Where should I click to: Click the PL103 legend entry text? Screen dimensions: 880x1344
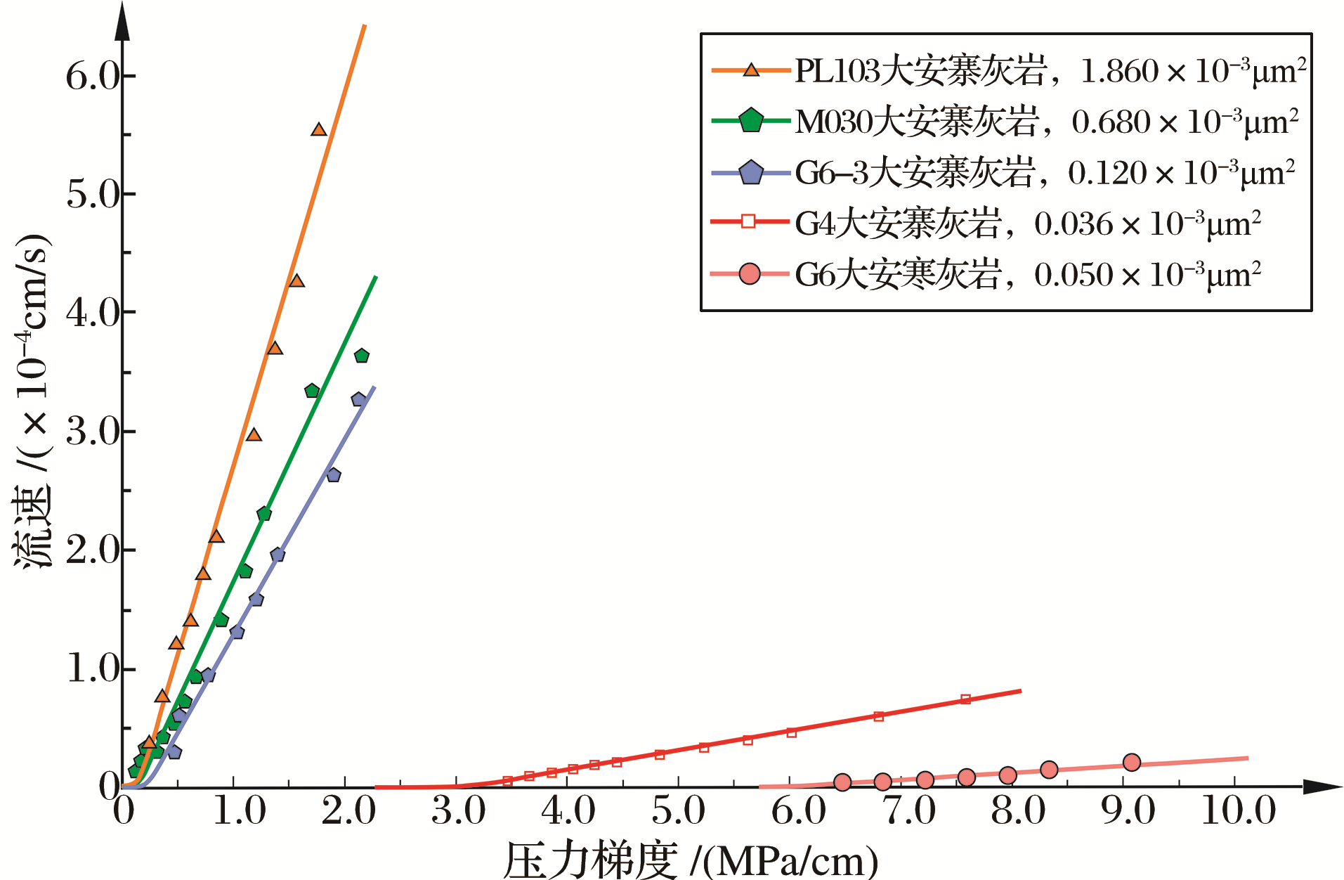click(x=1050, y=71)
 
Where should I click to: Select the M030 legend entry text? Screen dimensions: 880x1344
click(x=1046, y=122)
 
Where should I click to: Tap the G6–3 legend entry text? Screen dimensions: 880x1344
click(x=1045, y=173)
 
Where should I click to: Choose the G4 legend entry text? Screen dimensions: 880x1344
click(x=1027, y=224)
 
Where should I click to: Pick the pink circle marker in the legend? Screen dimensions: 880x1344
click(x=750, y=274)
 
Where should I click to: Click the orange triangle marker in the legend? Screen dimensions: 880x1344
click(x=751, y=70)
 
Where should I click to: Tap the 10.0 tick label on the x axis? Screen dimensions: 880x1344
click(x=1238, y=811)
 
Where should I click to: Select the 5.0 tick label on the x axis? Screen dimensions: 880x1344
click(x=678, y=811)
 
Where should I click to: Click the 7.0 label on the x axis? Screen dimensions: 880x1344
click(x=909, y=811)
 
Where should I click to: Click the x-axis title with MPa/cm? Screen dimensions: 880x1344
click(x=691, y=859)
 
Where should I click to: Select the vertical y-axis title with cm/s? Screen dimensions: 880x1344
click(x=32, y=401)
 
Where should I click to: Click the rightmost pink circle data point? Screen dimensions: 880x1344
click(x=1131, y=763)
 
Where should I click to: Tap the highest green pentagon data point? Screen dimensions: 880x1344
click(x=362, y=356)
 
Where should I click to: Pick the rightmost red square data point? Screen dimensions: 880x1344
click(x=965, y=699)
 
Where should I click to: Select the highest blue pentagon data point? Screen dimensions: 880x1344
click(x=358, y=399)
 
